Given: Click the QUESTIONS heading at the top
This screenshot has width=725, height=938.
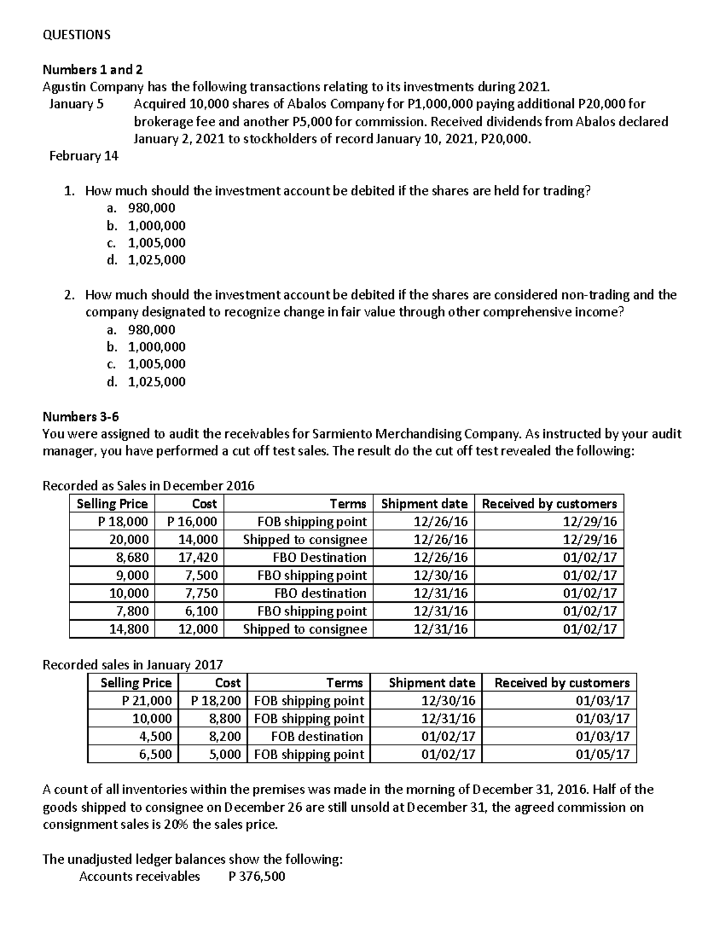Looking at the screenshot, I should pyautogui.click(x=77, y=34).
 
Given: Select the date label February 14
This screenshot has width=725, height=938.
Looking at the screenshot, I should pyautogui.click(x=83, y=156).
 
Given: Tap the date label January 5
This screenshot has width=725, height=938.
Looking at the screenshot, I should pyautogui.click(x=76, y=104).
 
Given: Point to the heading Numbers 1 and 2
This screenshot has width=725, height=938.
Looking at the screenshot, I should pyautogui.click(x=92, y=69).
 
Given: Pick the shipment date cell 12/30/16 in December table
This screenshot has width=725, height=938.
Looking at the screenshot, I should pyautogui.click(x=440, y=576).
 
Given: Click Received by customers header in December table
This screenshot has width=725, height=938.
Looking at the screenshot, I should pyautogui.click(x=549, y=504).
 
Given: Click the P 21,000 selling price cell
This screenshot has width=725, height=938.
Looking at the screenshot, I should pyautogui.click(x=146, y=701).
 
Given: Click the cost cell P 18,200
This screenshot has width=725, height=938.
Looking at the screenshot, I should pyautogui.click(x=216, y=701).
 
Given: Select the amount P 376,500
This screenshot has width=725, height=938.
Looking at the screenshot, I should pyautogui.click(x=257, y=876).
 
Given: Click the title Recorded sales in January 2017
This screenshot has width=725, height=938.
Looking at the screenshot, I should pyautogui.click(x=132, y=665).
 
